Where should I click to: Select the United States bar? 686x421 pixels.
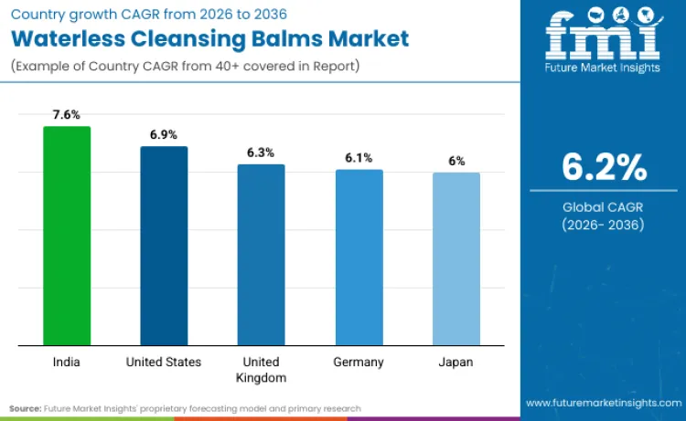point(164,246)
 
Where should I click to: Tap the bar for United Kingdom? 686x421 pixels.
point(261,255)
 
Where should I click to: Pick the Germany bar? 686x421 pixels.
point(359,258)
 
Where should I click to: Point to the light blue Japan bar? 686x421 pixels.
point(456,259)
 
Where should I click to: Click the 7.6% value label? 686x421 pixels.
point(67,115)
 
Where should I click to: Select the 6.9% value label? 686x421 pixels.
point(164,134)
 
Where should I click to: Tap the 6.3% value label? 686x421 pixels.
point(261,153)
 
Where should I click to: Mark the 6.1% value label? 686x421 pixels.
point(359,158)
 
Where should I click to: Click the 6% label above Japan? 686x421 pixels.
point(456,161)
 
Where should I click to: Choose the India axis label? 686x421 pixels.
point(67,362)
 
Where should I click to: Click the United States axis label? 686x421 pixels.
point(164,362)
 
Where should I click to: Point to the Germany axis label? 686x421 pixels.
point(359,362)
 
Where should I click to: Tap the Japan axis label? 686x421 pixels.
point(456,362)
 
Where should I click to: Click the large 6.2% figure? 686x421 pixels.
point(604,168)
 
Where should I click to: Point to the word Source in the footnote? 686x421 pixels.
point(26,408)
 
